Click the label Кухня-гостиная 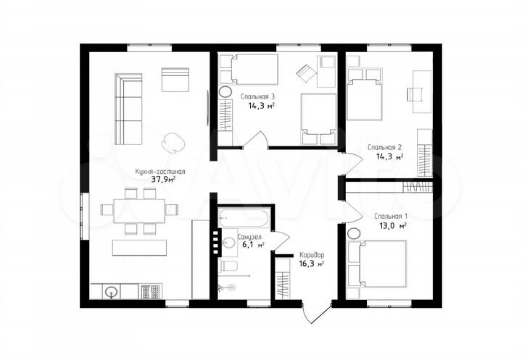click(159, 172)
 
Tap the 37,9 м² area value click(163, 180)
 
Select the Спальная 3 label click(257, 97)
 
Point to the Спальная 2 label click(384, 147)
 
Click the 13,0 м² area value click(393, 226)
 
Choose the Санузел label click(249, 237)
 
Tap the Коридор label click(312, 255)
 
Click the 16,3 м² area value click(311, 264)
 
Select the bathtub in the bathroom click(244, 218)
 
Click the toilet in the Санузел click(228, 266)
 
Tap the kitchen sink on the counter click(111, 292)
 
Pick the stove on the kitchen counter click(150, 291)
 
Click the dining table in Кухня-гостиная click(139, 211)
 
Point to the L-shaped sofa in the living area click(128, 109)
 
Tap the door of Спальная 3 click(257, 139)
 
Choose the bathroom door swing click(281, 240)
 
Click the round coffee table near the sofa click(173, 143)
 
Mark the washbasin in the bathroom click(228, 243)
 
